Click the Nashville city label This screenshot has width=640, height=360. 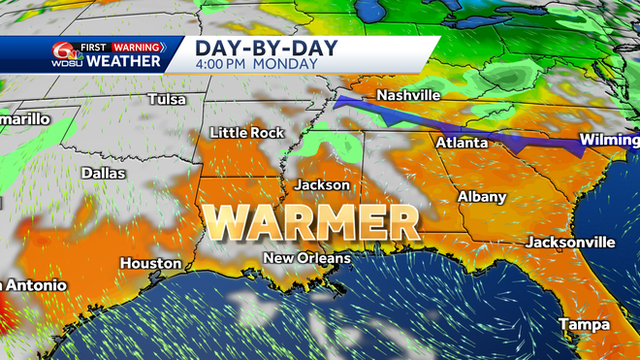[x=408, y=95]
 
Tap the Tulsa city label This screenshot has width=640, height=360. [x=168, y=99]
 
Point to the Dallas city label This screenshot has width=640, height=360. [x=104, y=173]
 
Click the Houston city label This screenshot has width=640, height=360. [x=150, y=263]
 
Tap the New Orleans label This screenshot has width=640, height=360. [x=307, y=258]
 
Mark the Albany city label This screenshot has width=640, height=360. [x=482, y=197]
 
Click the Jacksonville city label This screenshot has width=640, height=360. [x=571, y=241]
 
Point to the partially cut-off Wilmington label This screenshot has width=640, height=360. [x=608, y=141]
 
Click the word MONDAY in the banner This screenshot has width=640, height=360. [x=291, y=64]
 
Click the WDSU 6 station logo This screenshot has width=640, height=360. [x=66, y=54]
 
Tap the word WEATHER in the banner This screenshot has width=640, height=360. [x=123, y=62]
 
